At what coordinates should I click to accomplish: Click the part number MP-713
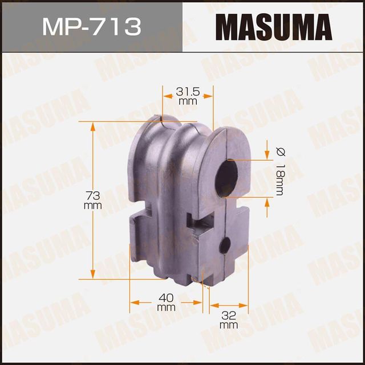pyautogui.click(x=91, y=26)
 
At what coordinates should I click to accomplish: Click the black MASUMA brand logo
pyautogui.click(x=274, y=26)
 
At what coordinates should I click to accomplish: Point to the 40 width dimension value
pyautogui.click(x=166, y=297)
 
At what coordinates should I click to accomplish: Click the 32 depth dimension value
pyautogui.click(x=228, y=315)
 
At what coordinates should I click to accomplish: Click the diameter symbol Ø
pyautogui.click(x=279, y=152)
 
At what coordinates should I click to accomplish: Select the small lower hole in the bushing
pyautogui.click(x=225, y=246)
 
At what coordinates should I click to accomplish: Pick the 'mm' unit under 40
pyautogui.click(x=166, y=307)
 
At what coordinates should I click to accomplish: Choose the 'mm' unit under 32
pyautogui.click(x=228, y=325)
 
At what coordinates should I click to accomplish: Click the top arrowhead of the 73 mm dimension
pyautogui.click(x=92, y=125)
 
